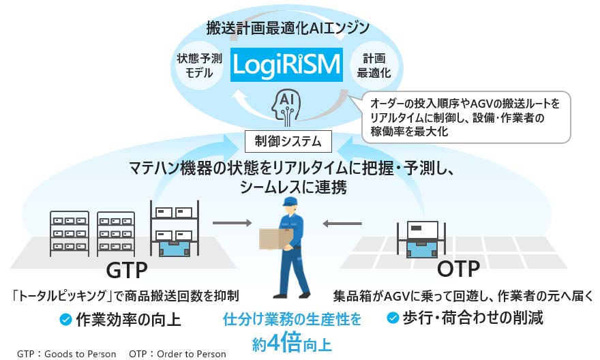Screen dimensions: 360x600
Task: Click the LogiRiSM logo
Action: point(286,65)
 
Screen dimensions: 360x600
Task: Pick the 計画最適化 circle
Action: point(373,67)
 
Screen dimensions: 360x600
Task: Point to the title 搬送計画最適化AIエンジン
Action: point(288,28)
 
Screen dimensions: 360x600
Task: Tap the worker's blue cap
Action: point(289,202)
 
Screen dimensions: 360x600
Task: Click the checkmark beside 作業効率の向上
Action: point(65,318)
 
